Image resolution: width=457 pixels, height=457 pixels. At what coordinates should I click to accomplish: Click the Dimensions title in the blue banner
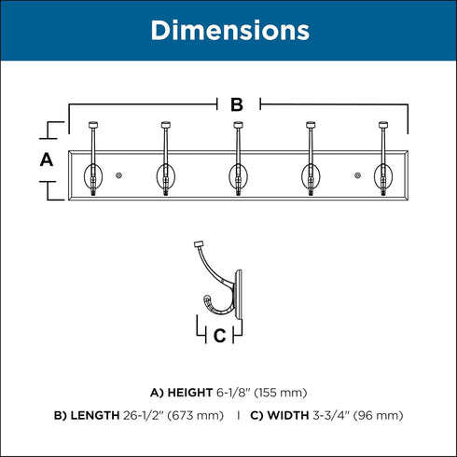click(230, 31)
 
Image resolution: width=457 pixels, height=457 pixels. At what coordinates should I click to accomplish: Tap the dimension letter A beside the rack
click(47, 159)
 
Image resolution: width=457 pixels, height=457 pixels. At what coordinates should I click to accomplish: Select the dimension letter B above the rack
click(237, 104)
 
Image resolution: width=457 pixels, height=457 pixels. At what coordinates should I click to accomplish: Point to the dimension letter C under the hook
click(219, 336)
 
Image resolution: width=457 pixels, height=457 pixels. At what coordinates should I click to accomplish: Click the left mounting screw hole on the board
click(118, 175)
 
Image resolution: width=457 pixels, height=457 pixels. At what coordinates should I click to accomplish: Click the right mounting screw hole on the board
click(357, 175)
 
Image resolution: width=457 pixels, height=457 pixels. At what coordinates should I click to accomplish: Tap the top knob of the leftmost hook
click(93, 125)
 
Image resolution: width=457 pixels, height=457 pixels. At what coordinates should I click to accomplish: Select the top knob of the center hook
click(238, 125)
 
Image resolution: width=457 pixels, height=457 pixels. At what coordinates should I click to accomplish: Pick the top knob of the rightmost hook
click(383, 125)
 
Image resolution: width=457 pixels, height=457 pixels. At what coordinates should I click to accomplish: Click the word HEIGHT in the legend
click(190, 393)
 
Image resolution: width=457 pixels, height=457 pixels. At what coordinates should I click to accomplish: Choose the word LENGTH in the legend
click(95, 415)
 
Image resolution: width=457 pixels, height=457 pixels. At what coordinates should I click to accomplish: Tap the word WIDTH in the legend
click(288, 415)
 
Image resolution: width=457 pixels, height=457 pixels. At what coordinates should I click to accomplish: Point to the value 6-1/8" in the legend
click(233, 393)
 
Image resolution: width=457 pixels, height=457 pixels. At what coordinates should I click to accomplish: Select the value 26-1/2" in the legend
click(144, 415)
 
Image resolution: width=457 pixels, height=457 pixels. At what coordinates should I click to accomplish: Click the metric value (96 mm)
click(378, 416)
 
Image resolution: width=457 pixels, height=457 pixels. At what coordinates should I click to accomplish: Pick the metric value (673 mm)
click(196, 416)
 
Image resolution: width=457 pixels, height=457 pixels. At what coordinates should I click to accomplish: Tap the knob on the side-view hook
click(199, 243)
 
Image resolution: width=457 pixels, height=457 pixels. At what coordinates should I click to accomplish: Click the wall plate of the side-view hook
click(239, 294)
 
